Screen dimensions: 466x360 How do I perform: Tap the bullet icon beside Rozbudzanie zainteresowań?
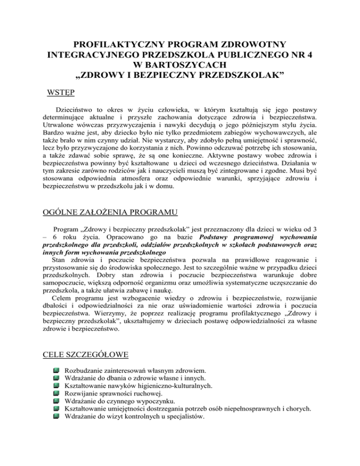click(57, 370)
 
